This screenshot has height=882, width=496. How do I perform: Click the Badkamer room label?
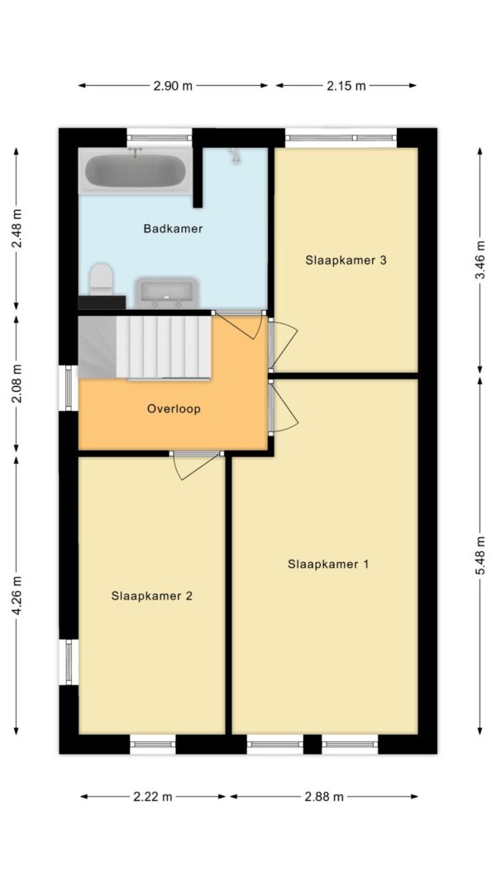(173, 228)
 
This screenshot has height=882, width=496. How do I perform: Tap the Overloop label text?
(174, 408)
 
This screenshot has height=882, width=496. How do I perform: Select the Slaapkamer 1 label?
(327, 565)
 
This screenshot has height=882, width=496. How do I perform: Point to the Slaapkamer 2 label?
(152, 595)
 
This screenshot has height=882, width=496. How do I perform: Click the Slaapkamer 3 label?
(346, 260)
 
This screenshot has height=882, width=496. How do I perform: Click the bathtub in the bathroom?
(136, 172)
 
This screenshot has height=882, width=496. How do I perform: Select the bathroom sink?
(165, 292)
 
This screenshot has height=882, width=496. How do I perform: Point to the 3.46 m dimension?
(479, 260)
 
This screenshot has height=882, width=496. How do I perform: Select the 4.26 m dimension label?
(16, 595)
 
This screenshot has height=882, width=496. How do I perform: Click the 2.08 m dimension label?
(16, 385)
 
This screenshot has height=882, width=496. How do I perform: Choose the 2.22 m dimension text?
(153, 797)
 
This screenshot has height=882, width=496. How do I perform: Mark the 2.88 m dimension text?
(323, 797)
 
